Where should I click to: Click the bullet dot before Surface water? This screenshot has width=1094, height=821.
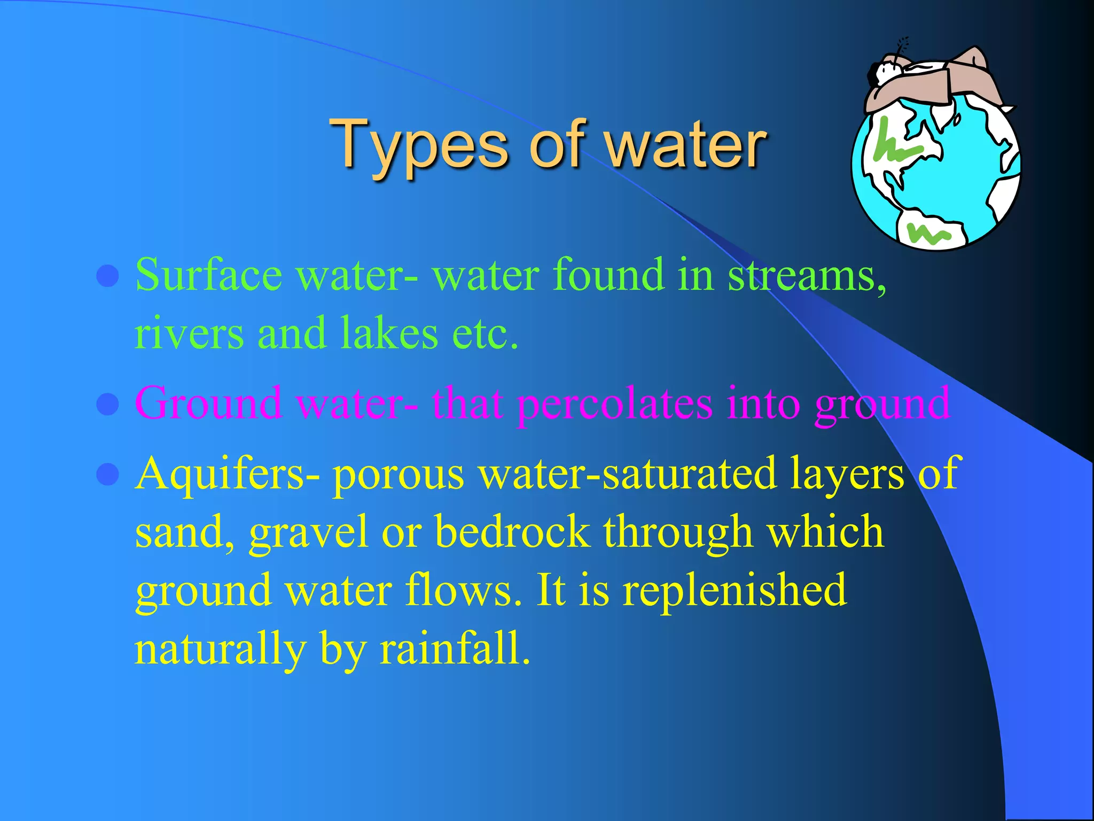coord(108,276)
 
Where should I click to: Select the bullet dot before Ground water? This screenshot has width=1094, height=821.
coord(108,405)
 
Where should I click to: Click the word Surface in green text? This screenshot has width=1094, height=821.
coord(208,275)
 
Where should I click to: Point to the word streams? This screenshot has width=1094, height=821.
coord(807,275)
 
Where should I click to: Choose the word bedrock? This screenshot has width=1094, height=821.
coord(512,532)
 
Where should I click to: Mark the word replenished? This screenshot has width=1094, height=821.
coord(734,590)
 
